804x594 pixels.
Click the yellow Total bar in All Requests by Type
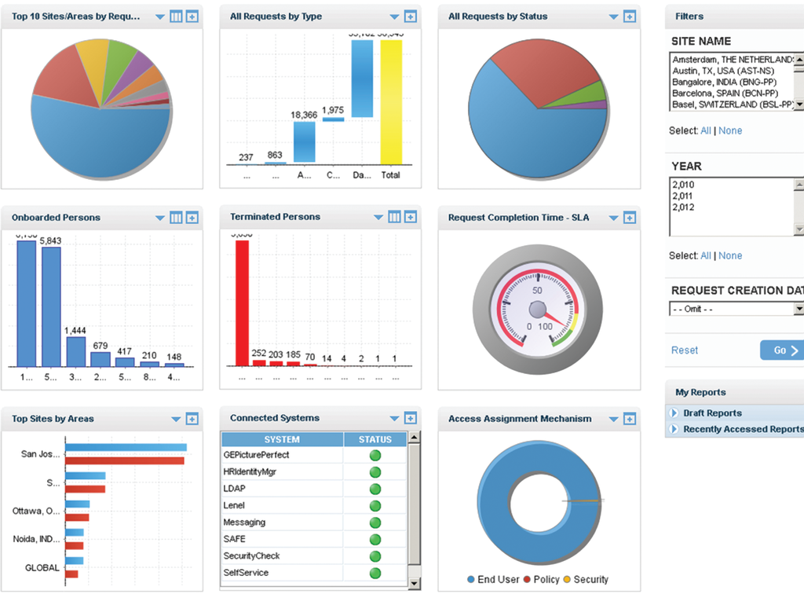click(x=391, y=102)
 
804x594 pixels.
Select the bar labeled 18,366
click(x=305, y=142)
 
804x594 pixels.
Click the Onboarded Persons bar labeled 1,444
click(x=76, y=351)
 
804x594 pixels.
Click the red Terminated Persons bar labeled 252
click(x=259, y=363)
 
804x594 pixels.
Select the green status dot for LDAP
click(x=375, y=489)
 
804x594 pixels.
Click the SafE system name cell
click(x=235, y=539)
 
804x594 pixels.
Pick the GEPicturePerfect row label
click(x=256, y=455)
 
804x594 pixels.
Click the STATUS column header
click(x=375, y=439)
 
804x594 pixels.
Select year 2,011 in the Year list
click(x=683, y=196)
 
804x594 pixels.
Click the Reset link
click(x=684, y=350)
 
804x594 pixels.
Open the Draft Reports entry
click(x=712, y=413)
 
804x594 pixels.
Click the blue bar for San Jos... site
click(x=126, y=448)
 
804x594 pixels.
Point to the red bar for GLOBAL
click(x=71, y=574)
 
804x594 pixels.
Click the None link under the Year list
click(x=730, y=255)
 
